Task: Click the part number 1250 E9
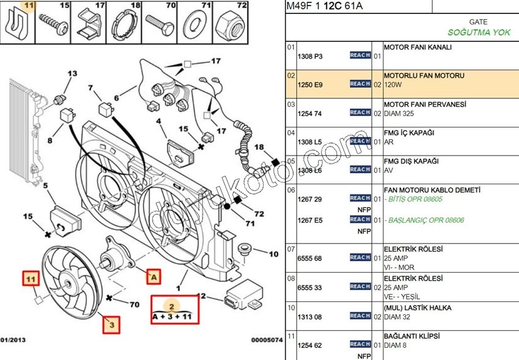tap(310, 85)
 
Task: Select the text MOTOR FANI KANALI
tap(418, 47)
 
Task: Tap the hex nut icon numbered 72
tap(234, 25)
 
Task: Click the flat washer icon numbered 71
tap(197, 25)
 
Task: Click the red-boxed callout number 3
tap(112, 325)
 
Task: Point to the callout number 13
tap(72, 74)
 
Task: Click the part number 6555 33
tap(310, 287)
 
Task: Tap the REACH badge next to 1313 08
tap(360, 315)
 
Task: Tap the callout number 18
tap(259, 147)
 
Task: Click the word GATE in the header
tap(477, 21)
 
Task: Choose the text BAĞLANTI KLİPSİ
tap(412, 336)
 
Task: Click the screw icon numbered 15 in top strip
tap(53, 25)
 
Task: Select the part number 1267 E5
tap(310, 220)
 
